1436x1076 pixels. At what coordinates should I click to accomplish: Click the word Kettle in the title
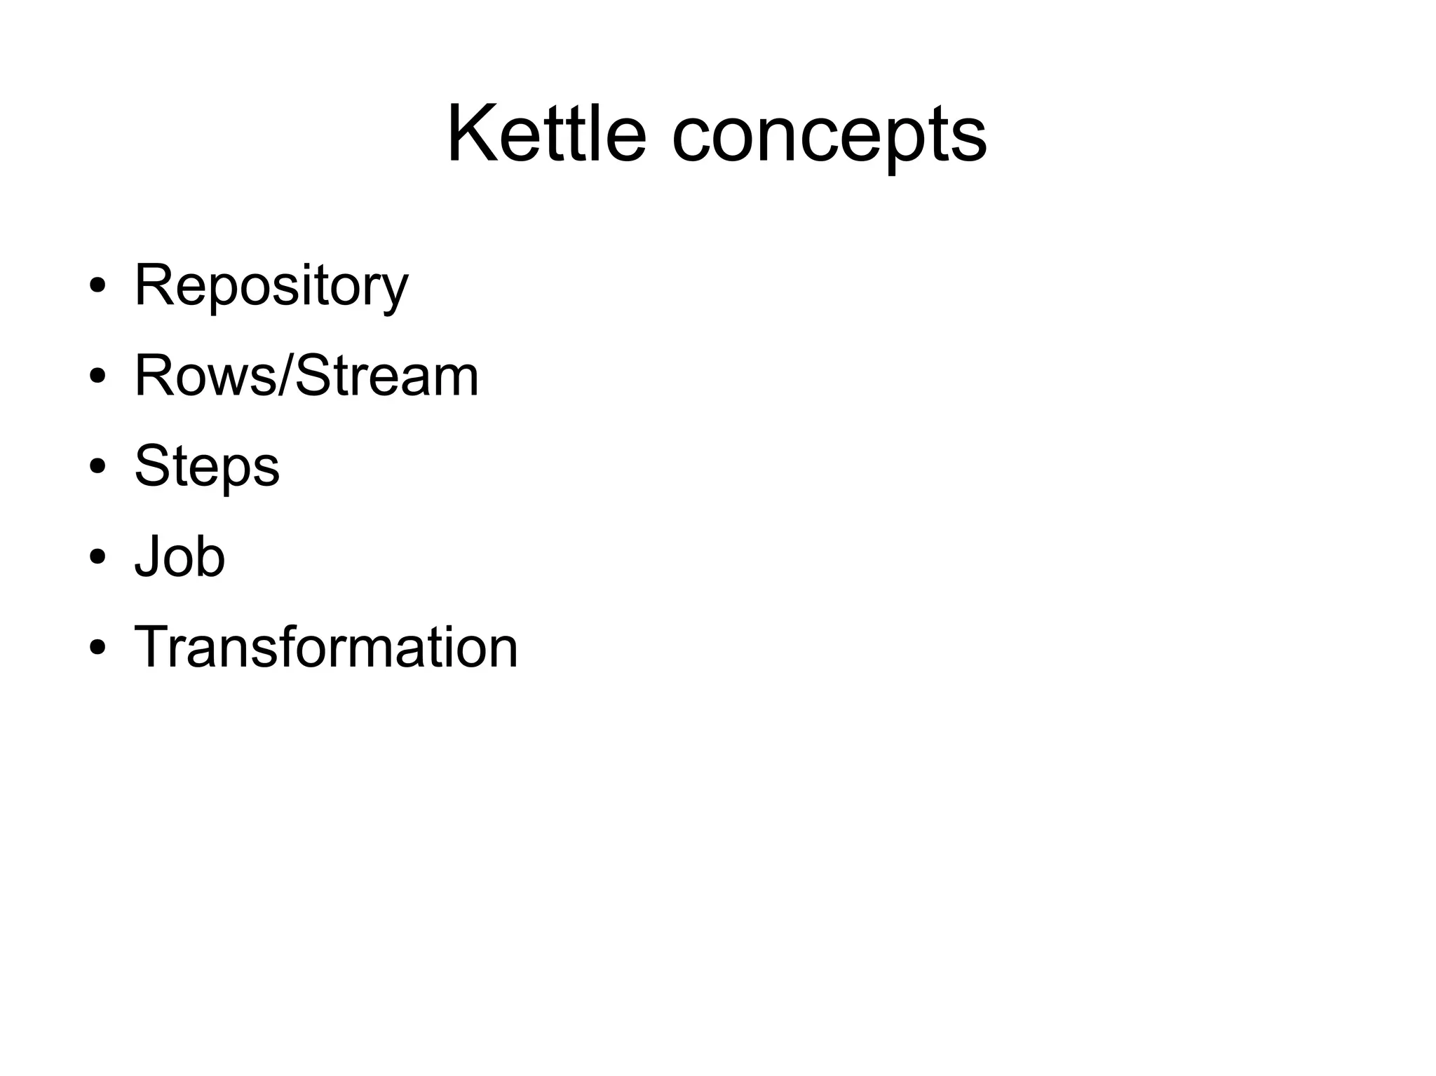click(546, 133)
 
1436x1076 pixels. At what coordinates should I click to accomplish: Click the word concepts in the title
click(829, 137)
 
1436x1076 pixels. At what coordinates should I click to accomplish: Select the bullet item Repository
click(271, 286)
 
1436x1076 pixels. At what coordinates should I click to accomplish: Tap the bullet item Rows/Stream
click(306, 376)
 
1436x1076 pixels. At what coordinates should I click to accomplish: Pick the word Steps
click(207, 467)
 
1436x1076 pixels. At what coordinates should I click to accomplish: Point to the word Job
click(179, 557)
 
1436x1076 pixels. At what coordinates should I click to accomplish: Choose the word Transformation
click(326, 647)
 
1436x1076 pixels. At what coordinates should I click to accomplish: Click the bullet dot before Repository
click(97, 286)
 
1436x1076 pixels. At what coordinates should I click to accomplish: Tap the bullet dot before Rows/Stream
click(97, 376)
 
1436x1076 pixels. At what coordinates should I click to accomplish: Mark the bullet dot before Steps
click(97, 467)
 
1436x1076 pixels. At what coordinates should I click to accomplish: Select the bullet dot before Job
click(97, 557)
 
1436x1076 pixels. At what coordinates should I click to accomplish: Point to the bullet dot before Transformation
click(97, 647)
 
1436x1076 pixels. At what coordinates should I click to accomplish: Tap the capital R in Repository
click(154, 285)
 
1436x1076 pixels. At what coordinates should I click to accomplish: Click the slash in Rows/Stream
click(285, 376)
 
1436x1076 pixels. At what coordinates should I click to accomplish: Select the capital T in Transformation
click(154, 646)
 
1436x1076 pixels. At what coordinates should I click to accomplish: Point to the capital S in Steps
click(152, 465)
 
